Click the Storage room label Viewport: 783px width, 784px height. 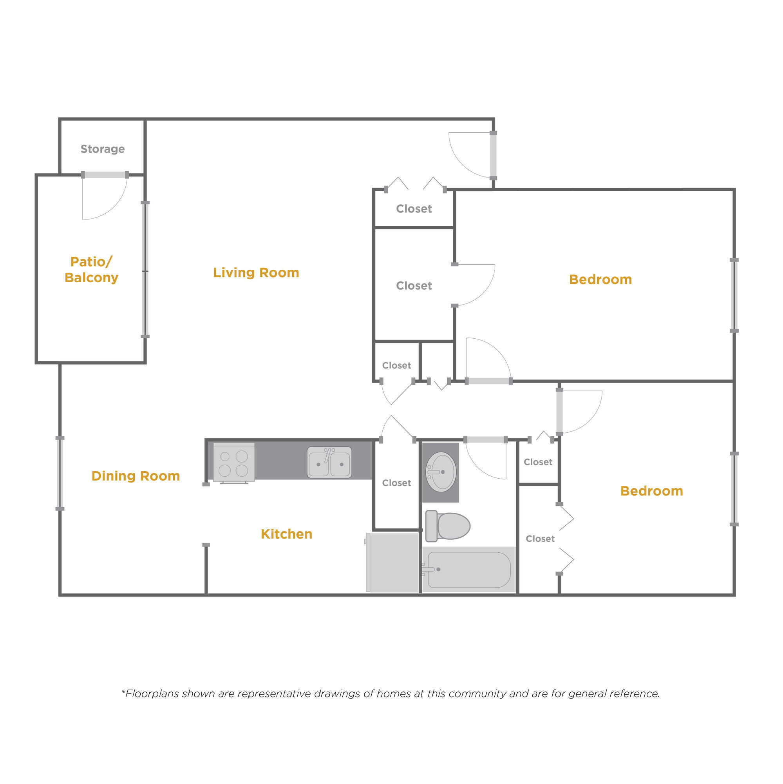[103, 149]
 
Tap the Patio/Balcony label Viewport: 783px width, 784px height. [91, 269]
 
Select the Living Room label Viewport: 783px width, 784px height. [256, 273]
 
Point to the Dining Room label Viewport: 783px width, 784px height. [136, 475]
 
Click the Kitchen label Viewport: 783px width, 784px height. [286, 534]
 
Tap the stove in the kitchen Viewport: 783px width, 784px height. [234, 463]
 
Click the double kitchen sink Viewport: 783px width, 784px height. [329, 463]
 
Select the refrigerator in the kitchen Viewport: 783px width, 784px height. [392, 563]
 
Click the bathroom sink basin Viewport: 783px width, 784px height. [441, 472]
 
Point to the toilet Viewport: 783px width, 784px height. [448, 526]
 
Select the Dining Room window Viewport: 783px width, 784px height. [60, 474]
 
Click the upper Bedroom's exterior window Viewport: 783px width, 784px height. [734, 296]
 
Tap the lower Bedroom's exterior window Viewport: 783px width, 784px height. [734, 489]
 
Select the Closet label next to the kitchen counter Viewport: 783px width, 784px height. [396, 483]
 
